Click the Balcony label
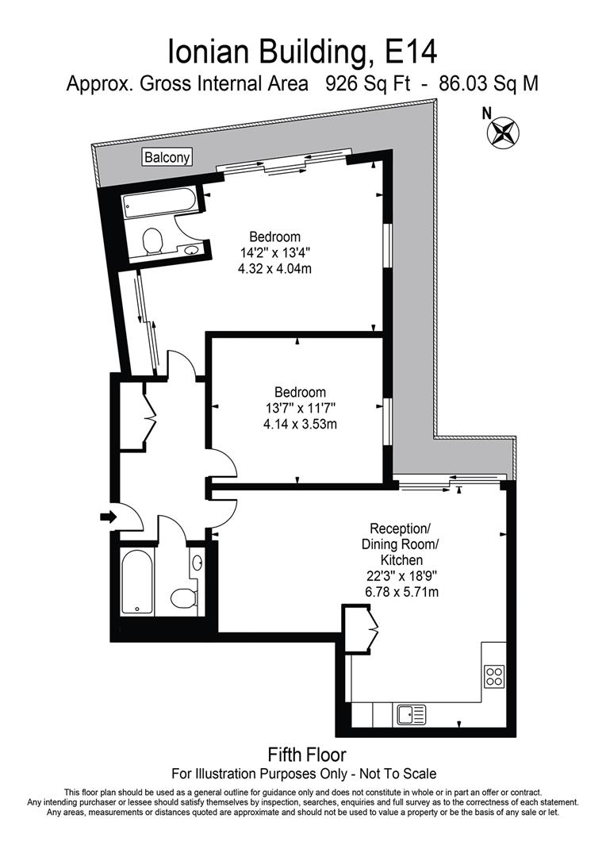(x=167, y=157)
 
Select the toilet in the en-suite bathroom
(x=151, y=239)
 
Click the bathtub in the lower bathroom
(x=136, y=582)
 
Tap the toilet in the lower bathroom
(x=183, y=598)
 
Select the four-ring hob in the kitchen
(x=495, y=676)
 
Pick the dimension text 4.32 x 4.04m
(x=274, y=269)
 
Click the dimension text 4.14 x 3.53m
(x=300, y=424)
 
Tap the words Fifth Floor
(x=307, y=754)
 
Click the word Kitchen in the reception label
(x=400, y=560)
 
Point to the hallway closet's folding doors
(x=148, y=410)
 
